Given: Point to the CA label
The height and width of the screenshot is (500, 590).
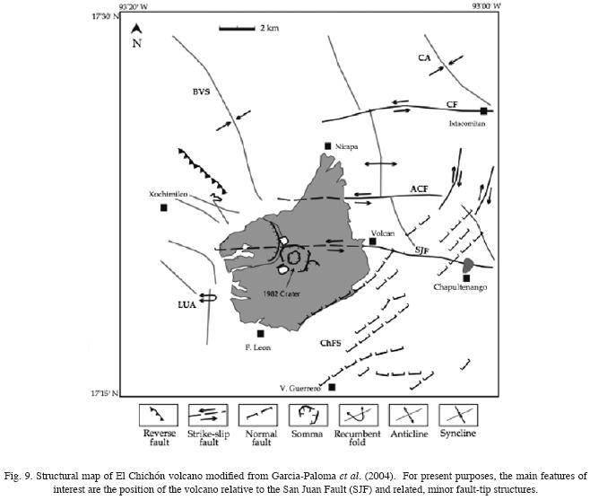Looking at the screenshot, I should click(424, 58).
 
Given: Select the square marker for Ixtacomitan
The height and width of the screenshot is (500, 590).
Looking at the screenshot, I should click(483, 110).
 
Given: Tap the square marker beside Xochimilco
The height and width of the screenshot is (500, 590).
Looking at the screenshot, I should click(164, 208).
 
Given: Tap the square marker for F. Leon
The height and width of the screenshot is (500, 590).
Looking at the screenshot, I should click(261, 333).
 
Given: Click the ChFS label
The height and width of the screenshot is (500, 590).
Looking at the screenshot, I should click(332, 342).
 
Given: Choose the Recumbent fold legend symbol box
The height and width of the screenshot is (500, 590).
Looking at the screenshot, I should click(363, 415).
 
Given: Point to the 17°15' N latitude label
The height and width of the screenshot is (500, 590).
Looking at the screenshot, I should click(99, 393).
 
